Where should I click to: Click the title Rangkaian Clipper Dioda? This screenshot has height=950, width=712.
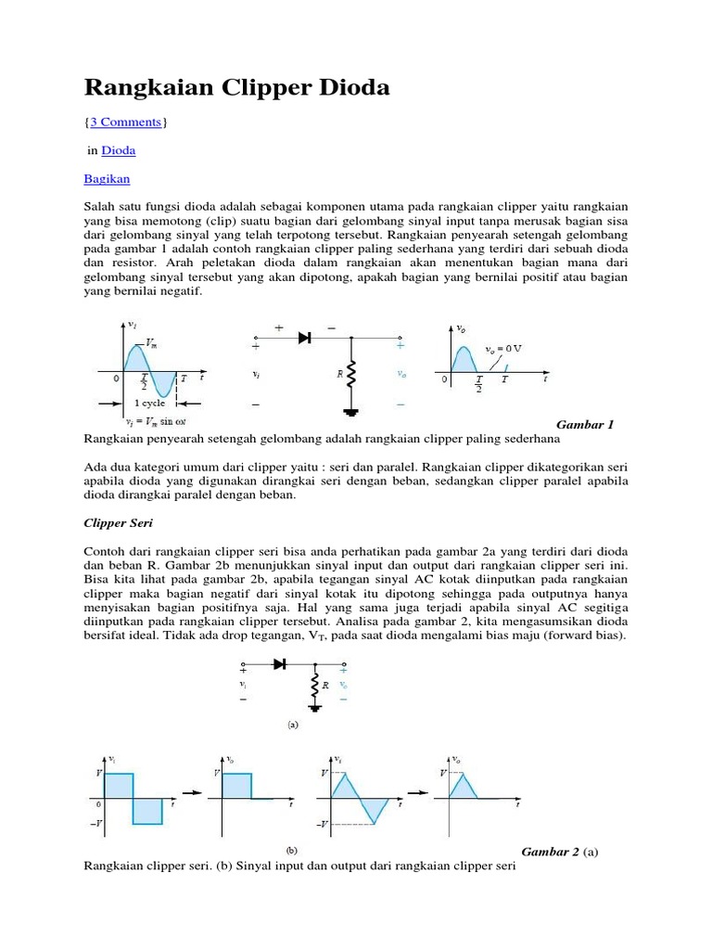click(236, 88)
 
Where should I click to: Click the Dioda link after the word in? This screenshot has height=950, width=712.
click(118, 149)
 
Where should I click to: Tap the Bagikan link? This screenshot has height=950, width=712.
click(107, 177)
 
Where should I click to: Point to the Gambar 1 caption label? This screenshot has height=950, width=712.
click(584, 424)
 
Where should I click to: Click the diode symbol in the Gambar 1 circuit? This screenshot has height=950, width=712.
click(303, 339)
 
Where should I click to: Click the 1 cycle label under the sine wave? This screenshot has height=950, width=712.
click(150, 404)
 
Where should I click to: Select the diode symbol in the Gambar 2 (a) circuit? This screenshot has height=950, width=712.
click(277, 664)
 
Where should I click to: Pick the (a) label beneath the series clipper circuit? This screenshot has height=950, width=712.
click(292, 725)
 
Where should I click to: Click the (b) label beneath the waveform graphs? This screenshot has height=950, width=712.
click(292, 849)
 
